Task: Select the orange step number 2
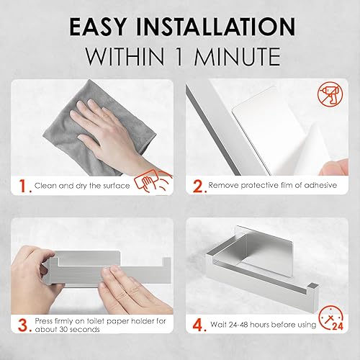(x=197, y=186)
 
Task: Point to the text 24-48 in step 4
(x=240, y=325)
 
